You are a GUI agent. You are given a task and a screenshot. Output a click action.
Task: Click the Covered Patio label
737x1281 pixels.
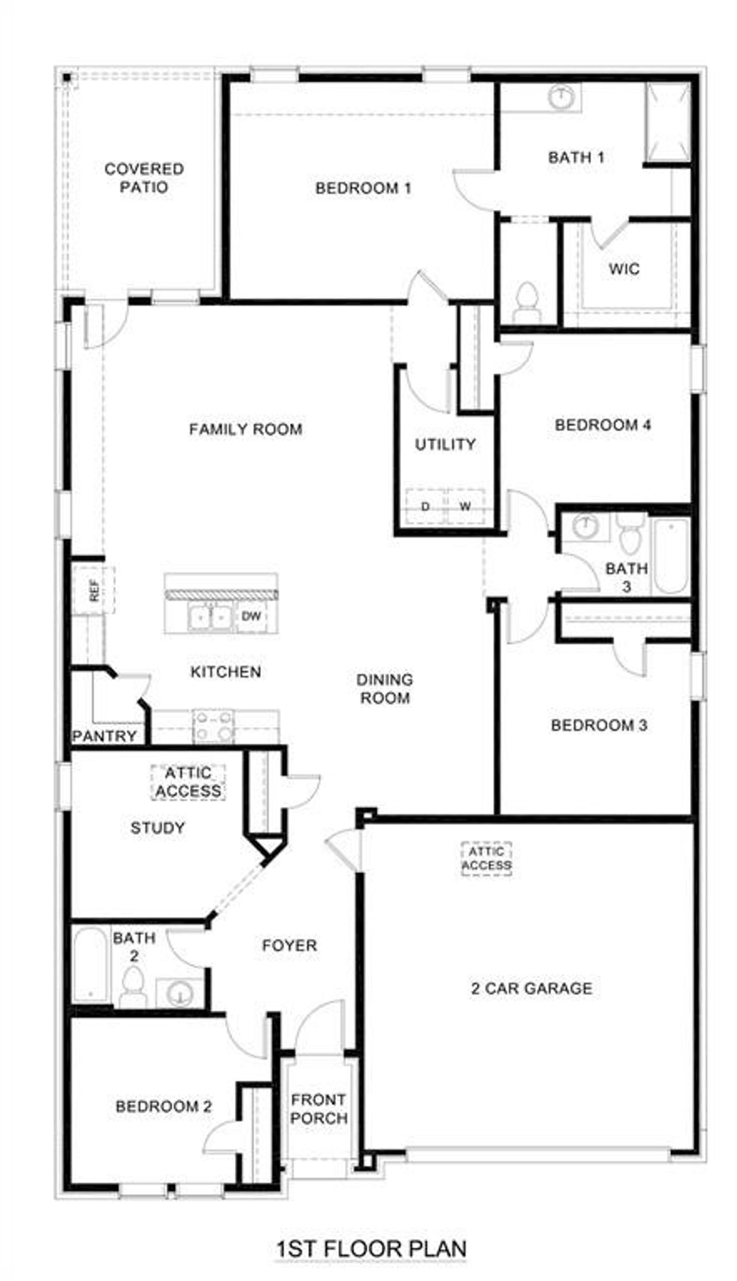[x=144, y=177]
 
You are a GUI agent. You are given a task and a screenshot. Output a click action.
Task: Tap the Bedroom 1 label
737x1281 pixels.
[x=363, y=188]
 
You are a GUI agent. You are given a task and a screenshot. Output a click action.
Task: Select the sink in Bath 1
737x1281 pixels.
[x=559, y=97]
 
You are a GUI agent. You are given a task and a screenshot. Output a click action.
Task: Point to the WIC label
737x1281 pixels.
[x=624, y=268]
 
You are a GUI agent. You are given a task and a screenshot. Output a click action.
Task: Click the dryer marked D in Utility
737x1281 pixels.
[x=425, y=506]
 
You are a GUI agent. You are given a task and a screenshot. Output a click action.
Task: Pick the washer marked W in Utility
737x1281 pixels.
[x=465, y=506]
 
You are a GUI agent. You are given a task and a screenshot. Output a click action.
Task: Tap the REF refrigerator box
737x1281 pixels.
[x=94, y=589]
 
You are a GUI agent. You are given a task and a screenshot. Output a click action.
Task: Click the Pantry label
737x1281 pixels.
[x=104, y=736]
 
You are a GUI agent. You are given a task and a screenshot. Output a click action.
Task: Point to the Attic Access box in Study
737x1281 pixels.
[x=188, y=782]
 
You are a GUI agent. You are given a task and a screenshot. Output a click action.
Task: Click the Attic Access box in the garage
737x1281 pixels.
[x=487, y=858]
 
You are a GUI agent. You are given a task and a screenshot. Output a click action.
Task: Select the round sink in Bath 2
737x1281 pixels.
[x=179, y=993]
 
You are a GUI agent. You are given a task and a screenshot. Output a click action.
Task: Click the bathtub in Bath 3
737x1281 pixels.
[x=671, y=556]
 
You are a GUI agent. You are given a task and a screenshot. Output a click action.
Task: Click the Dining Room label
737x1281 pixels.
[x=385, y=688]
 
